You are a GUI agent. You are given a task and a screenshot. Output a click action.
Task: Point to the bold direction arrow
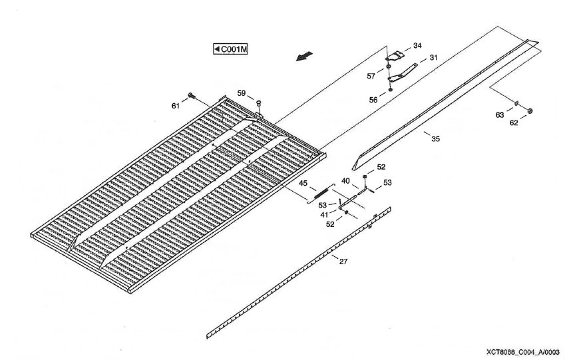[305, 59]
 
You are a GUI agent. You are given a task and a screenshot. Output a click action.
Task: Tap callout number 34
[417, 46]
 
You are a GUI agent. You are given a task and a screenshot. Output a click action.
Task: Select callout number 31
[433, 58]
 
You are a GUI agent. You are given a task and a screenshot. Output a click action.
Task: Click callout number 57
[372, 76]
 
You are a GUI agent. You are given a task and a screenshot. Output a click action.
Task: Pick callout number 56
[373, 99]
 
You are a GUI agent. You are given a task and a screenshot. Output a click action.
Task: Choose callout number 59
[242, 92]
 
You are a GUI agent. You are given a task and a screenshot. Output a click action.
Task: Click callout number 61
[176, 106]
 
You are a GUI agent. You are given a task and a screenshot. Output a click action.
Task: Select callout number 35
[435, 139]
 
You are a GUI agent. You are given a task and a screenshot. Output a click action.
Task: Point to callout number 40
[345, 180]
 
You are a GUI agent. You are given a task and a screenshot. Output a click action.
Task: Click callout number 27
[343, 262]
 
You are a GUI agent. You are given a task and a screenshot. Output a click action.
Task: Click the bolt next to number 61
[191, 96]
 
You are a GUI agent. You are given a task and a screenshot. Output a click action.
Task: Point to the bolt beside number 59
[258, 103]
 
